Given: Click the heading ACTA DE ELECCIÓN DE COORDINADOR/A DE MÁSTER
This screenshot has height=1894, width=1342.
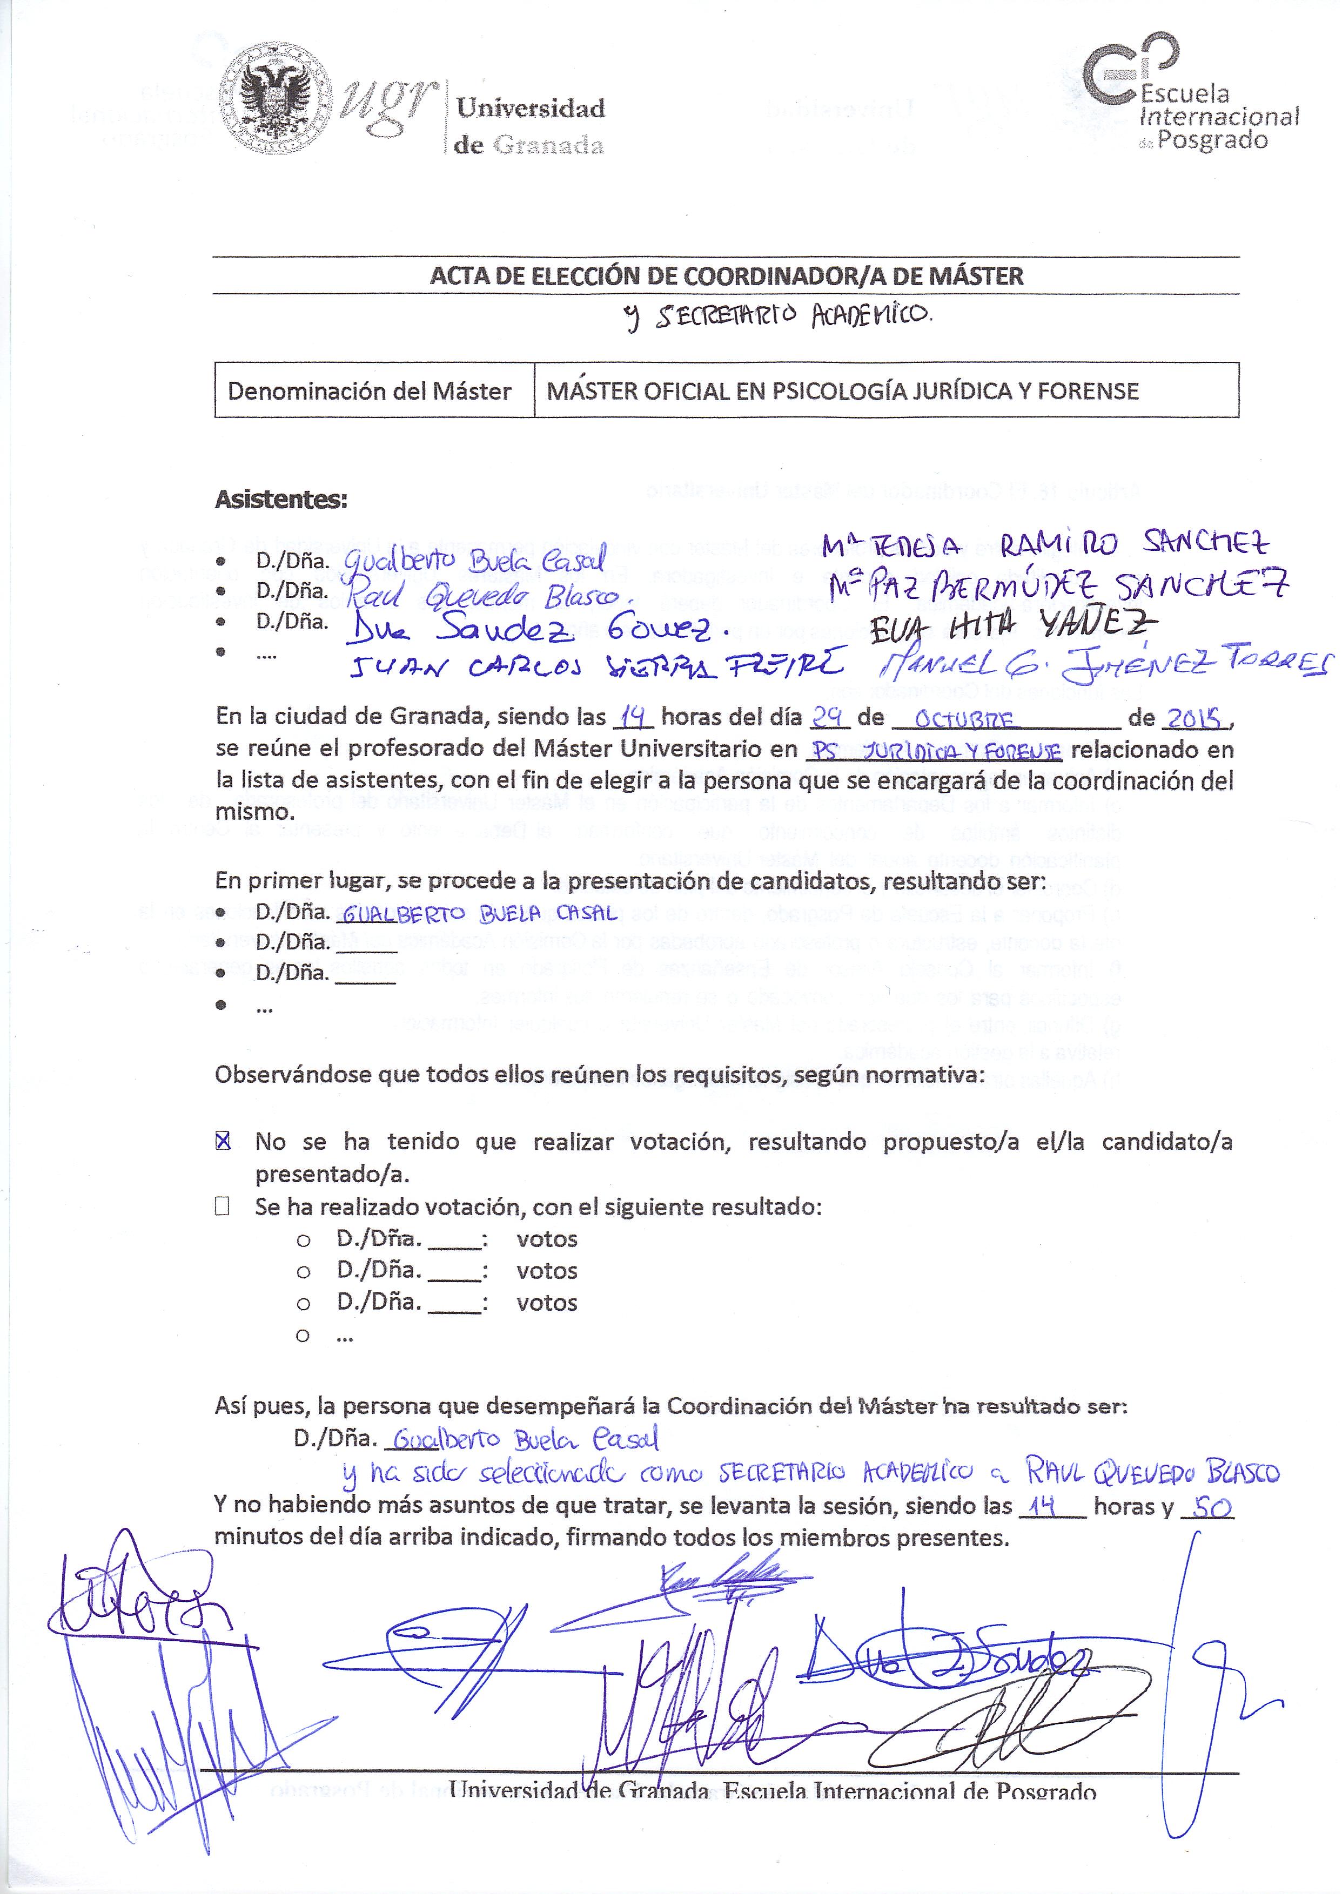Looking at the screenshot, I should pos(726,276).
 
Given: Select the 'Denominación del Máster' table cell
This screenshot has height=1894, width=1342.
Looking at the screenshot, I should pos(370,390).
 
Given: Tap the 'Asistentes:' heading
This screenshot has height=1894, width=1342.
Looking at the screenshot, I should pos(281,500).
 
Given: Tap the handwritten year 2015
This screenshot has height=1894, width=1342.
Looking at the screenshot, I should pos(1193,719).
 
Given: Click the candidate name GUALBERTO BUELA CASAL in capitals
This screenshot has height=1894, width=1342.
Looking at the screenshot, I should pos(479,913).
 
